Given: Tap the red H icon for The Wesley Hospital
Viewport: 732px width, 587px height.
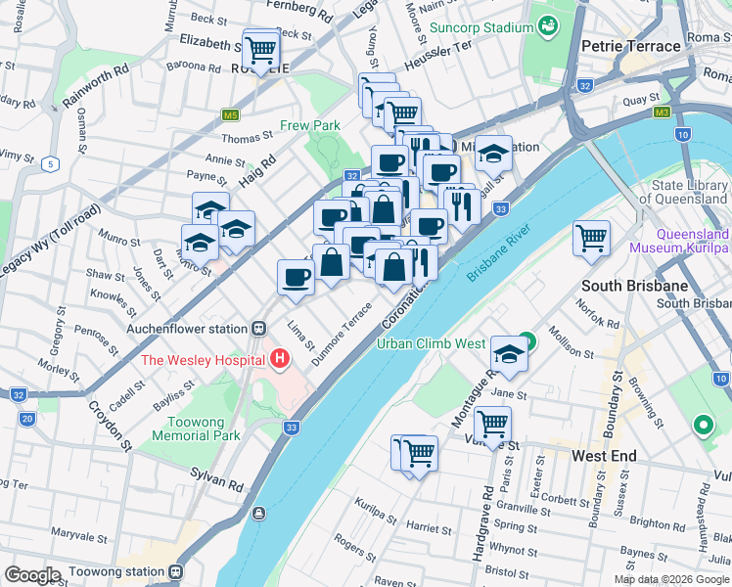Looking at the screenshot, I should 281,359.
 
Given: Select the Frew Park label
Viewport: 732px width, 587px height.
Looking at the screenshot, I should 309,125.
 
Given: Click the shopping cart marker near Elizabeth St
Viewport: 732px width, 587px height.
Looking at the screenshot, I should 260,48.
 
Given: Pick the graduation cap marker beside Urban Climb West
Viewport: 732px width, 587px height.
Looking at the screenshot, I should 509,354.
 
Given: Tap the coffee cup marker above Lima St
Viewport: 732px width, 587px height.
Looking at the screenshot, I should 297,278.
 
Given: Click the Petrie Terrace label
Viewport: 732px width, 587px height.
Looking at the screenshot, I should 629,46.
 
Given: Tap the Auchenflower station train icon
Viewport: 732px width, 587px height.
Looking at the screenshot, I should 258,329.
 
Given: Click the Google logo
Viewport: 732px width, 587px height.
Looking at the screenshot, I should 33,574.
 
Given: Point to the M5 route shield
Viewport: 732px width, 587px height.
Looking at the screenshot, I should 231,114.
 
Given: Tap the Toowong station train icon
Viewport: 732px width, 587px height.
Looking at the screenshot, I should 175,571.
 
